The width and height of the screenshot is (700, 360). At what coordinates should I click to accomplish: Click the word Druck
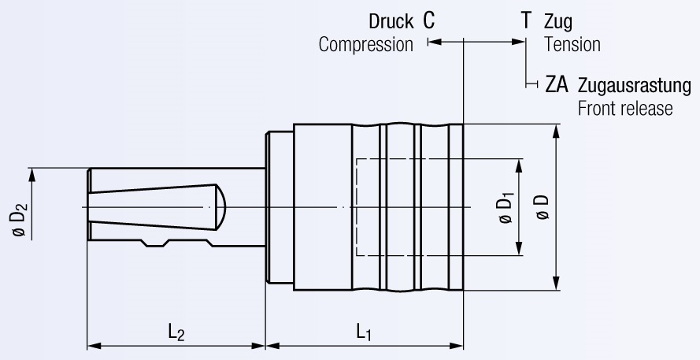tap(391, 21)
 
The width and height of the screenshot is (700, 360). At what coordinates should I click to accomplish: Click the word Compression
tap(365, 45)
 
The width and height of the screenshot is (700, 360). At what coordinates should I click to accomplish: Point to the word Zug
tap(558, 21)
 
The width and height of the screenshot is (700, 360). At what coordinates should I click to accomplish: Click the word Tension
tap(572, 45)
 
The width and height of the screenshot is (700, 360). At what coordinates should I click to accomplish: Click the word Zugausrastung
tap(634, 85)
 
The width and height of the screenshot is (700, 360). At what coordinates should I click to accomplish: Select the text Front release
tap(625, 108)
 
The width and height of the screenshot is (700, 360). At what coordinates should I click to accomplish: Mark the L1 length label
tap(364, 332)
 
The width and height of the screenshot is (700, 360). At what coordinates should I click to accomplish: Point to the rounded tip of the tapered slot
tap(222, 205)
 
